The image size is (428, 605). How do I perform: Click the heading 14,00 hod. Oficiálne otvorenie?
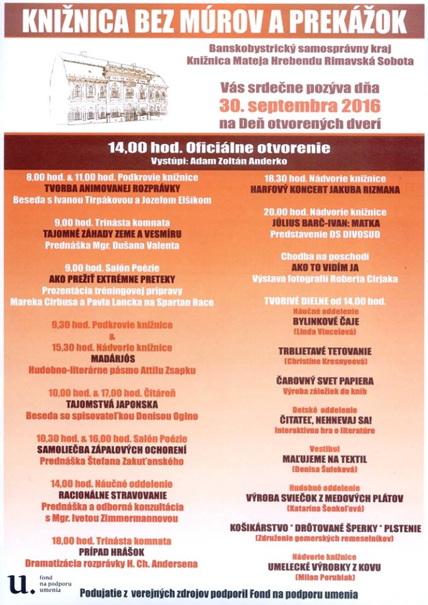(219, 148)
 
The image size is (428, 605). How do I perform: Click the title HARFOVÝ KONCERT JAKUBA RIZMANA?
(325, 188)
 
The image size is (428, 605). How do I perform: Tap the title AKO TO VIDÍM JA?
(325, 267)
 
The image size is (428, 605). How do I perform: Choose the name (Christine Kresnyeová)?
(325, 362)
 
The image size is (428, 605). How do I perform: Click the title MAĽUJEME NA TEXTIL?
(325, 459)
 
